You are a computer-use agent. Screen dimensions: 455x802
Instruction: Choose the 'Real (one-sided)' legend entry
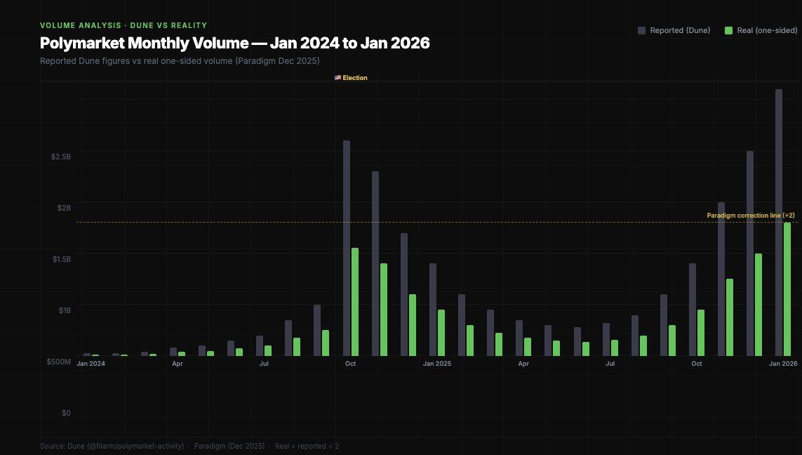point(761,30)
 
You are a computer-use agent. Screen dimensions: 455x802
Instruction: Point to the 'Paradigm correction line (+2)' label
point(750,216)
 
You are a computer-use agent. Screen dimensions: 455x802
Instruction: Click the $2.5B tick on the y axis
point(61,157)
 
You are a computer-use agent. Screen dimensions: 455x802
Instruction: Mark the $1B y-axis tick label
point(64,310)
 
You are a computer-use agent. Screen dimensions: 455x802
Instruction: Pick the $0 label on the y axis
point(66,413)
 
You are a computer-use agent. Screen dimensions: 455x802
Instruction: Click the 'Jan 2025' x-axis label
point(437,364)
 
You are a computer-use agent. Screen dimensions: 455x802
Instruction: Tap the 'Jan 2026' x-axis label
point(783,364)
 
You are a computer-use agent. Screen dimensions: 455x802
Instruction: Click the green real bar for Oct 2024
point(355,302)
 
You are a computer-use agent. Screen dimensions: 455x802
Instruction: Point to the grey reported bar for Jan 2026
point(779,222)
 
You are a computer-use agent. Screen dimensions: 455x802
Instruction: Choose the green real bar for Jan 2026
point(787,289)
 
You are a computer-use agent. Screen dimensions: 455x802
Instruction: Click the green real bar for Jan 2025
point(441,333)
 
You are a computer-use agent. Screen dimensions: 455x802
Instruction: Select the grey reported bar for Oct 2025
point(693,310)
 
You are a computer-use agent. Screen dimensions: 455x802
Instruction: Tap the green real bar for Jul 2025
point(615,348)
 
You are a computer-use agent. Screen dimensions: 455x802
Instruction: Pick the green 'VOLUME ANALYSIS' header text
point(123,25)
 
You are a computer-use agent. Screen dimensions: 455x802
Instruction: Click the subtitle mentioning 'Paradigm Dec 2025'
point(180,61)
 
